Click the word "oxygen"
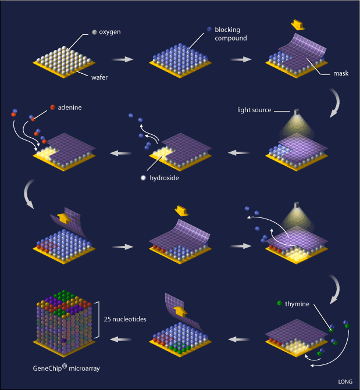point(110,32)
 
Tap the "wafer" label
point(99,78)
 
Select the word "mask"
point(341,73)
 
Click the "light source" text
point(254,110)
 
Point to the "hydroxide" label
point(165,178)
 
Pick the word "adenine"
point(70,108)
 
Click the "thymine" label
point(297,304)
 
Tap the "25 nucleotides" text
point(125,319)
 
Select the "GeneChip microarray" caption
point(66,368)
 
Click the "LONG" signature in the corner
point(345,381)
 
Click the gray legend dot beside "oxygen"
point(94,32)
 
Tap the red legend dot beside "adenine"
point(52,107)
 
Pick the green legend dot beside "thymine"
point(279,303)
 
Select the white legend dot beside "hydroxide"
point(143,178)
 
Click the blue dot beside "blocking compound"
point(209,29)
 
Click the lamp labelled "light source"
point(296,112)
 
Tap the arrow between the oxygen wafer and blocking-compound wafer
point(123,59)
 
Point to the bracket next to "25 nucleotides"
point(97,320)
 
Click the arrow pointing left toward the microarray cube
point(120,339)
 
